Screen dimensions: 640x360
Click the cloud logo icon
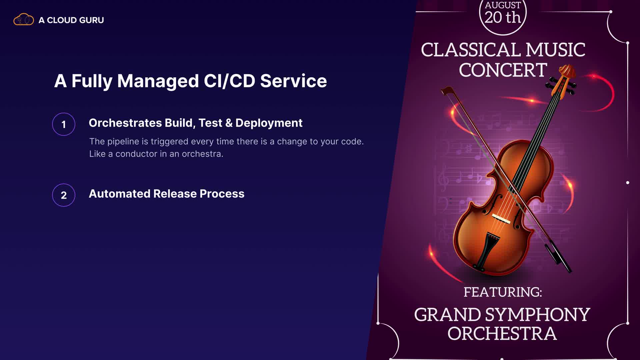(24, 20)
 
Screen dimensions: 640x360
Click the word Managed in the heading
(158, 81)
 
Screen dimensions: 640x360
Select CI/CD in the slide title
(229, 81)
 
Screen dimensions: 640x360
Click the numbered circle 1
(64, 124)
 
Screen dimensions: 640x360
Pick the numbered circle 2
(64, 195)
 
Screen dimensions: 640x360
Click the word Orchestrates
(125, 123)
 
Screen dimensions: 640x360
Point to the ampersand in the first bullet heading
(229, 123)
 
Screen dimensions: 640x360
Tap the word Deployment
(269, 123)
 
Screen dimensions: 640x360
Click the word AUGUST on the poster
(503, 5)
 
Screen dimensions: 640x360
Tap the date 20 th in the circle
(503, 17)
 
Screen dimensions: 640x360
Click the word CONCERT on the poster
(503, 70)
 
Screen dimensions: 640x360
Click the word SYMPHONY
(538, 315)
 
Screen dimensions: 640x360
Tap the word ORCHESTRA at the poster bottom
(502, 334)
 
